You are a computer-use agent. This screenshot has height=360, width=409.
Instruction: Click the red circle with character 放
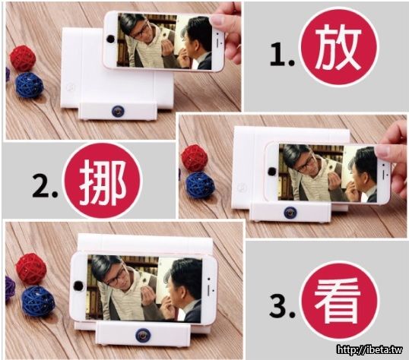pyautogui.click(x=339, y=46)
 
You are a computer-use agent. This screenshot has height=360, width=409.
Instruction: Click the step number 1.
pyautogui.click(x=282, y=55)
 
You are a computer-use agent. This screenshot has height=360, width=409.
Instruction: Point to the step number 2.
pyautogui.click(x=45, y=186)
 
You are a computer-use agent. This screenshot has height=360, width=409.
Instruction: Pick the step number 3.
pyautogui.click(x=282, y=305)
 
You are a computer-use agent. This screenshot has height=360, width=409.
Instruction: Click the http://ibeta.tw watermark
pyautogui.click(x=369, y=349)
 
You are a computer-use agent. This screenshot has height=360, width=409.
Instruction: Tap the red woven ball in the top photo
pyautogui.click(x=23, y=58)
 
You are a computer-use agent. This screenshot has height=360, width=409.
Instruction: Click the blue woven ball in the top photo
pyautogui.click(x=29, y=85)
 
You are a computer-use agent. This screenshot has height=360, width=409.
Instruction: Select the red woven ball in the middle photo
pyautogui.click(x=195, y=158)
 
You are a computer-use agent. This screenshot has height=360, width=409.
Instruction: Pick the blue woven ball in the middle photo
pyautogui.click(x=201, y=185)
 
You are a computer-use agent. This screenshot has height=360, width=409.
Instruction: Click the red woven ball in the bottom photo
pyautogui.click(x=31, y=269)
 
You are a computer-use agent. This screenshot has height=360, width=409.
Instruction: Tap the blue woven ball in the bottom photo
pyautogui.click(x=38, y=301)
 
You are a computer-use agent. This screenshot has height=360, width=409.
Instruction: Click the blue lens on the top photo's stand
pyautogui.click(x=118, y=112)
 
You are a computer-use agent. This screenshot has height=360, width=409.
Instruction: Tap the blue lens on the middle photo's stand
pyautogui.click(x=290, y=213)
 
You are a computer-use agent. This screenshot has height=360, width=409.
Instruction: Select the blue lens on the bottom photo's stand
pyautogui.click(x=143, y=336)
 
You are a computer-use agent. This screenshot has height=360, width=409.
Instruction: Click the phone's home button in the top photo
pyautogui.click(x=110, y=39)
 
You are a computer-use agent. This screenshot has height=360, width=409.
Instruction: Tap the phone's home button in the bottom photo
pyautogui.click(x=78, y=286)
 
